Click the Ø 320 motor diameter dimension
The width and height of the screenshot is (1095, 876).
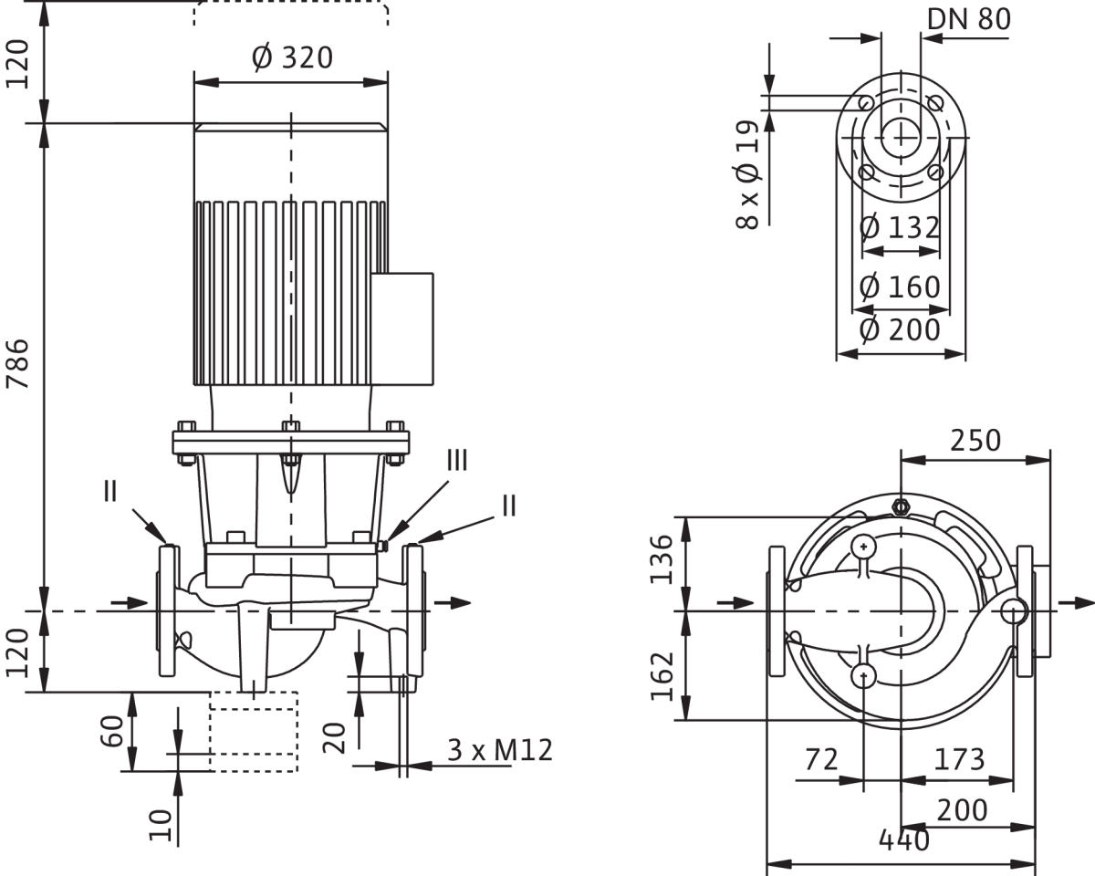point(292,58)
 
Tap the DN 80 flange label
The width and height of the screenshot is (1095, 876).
point(968,20)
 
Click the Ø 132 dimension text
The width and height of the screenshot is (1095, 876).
point(901,227)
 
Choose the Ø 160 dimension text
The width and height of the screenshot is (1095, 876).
point(901,287)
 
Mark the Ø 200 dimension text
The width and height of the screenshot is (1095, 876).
point(901,329)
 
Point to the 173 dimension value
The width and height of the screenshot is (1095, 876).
point(959,759)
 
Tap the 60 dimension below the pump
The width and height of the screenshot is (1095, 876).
point(111,732)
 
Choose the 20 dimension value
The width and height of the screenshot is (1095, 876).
point(336,736)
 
